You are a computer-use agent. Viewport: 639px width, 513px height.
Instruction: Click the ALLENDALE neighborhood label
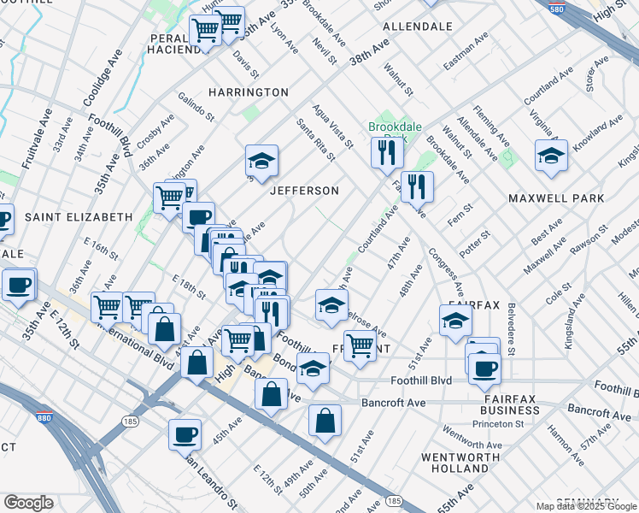[417, 27]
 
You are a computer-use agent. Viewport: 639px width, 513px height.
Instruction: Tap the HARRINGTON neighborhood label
[249, 91]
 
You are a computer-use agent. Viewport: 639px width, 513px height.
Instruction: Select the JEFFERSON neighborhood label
[305, 191]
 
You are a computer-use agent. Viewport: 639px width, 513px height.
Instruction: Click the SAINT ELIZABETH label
[78, 217]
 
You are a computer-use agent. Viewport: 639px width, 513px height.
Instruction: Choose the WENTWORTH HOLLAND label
[454, 463]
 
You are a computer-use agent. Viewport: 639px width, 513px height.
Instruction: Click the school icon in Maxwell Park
[551, 156]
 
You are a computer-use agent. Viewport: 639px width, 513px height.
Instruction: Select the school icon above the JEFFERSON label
[261, 160]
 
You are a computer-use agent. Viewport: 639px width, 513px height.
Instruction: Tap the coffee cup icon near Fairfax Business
[484, 369]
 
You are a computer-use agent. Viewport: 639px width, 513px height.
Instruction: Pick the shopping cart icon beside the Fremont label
[360, 345]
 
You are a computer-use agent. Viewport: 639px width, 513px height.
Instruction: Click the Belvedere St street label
[511, 328]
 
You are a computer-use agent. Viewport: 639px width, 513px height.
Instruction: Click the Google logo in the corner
[28, 503]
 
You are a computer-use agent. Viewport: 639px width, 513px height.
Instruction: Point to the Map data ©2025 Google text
[585, 506]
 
